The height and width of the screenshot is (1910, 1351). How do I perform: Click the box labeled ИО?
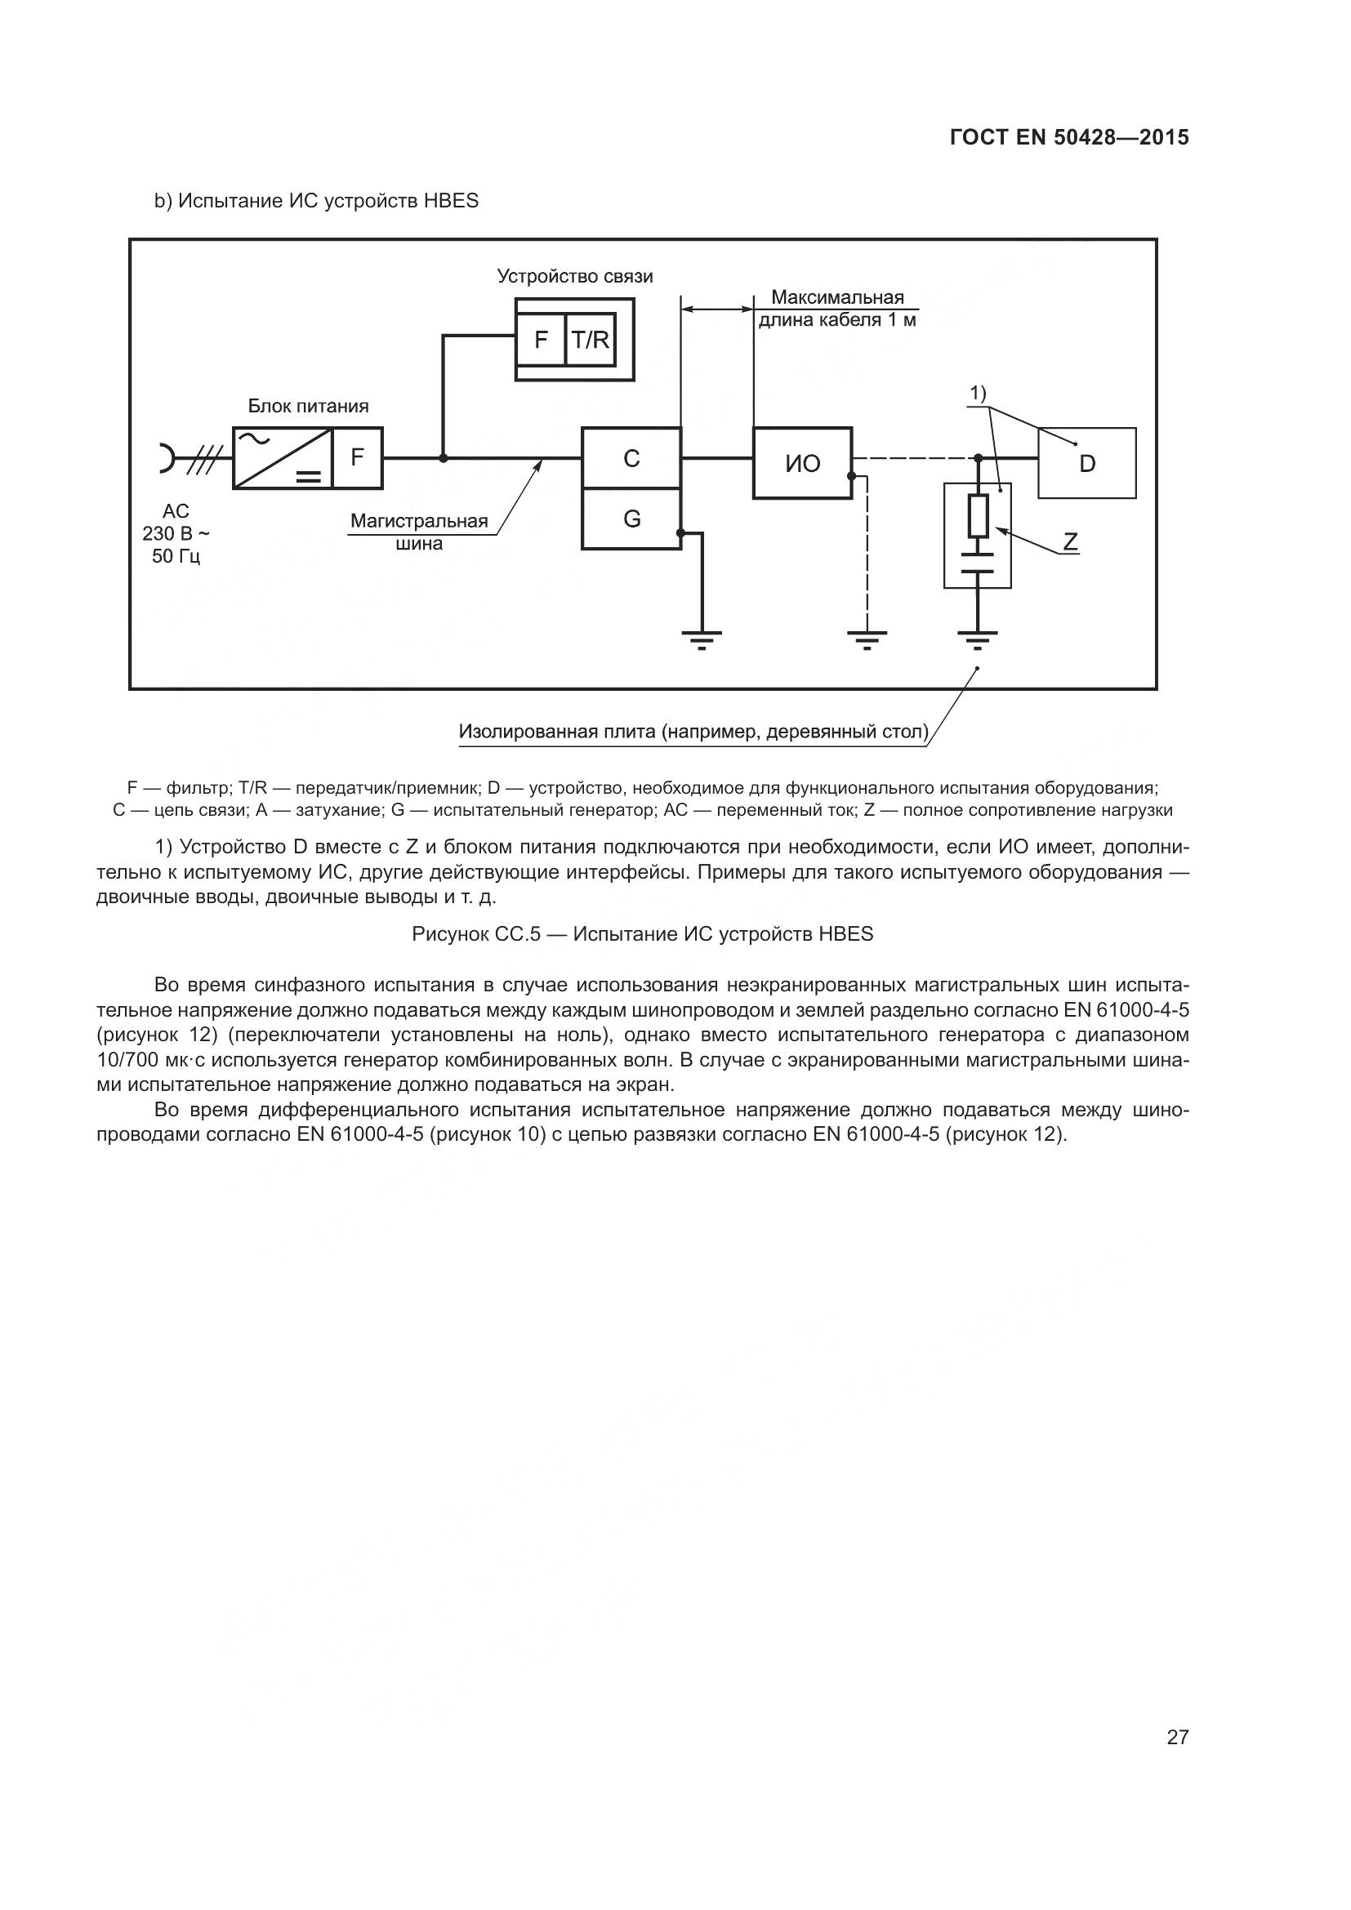click(x=802, y=463)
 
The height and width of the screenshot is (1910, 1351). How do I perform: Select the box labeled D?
click(x=1086, y=463)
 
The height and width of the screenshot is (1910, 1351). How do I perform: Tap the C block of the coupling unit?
click(x=631, y=457)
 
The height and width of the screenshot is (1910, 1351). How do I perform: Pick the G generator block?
click(x=631, y=519)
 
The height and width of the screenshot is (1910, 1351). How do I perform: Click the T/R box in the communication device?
click(x=590, y=340)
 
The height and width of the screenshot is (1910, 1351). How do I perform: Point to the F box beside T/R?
click(x=541, y=340)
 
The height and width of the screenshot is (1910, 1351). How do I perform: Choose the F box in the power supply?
click(x=358, y=457)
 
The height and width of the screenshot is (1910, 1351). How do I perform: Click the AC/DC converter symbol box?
click(x=282, y=457)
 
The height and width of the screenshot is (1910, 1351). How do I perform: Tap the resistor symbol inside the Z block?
click(x=978, y=516)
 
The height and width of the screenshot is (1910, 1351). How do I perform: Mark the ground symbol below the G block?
click(x=702, y=638)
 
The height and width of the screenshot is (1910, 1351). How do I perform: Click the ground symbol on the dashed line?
click(x=867, y=638)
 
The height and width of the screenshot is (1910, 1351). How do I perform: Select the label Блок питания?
click(x=308, y=406)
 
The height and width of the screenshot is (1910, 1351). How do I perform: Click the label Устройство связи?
click(x=575, y=276)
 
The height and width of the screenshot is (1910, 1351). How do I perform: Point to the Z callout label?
click(x=1070, y=542)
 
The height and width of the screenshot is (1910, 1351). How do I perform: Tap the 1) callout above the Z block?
click(x=978, y=392)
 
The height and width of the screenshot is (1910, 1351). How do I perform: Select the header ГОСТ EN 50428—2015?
click(x=1069, y=137)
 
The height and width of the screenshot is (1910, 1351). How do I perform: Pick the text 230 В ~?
click(x=176, y=533)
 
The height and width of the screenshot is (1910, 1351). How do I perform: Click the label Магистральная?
click(x=418, y=522)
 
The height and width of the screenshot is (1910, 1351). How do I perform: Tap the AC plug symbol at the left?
click(x=166, y=457)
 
